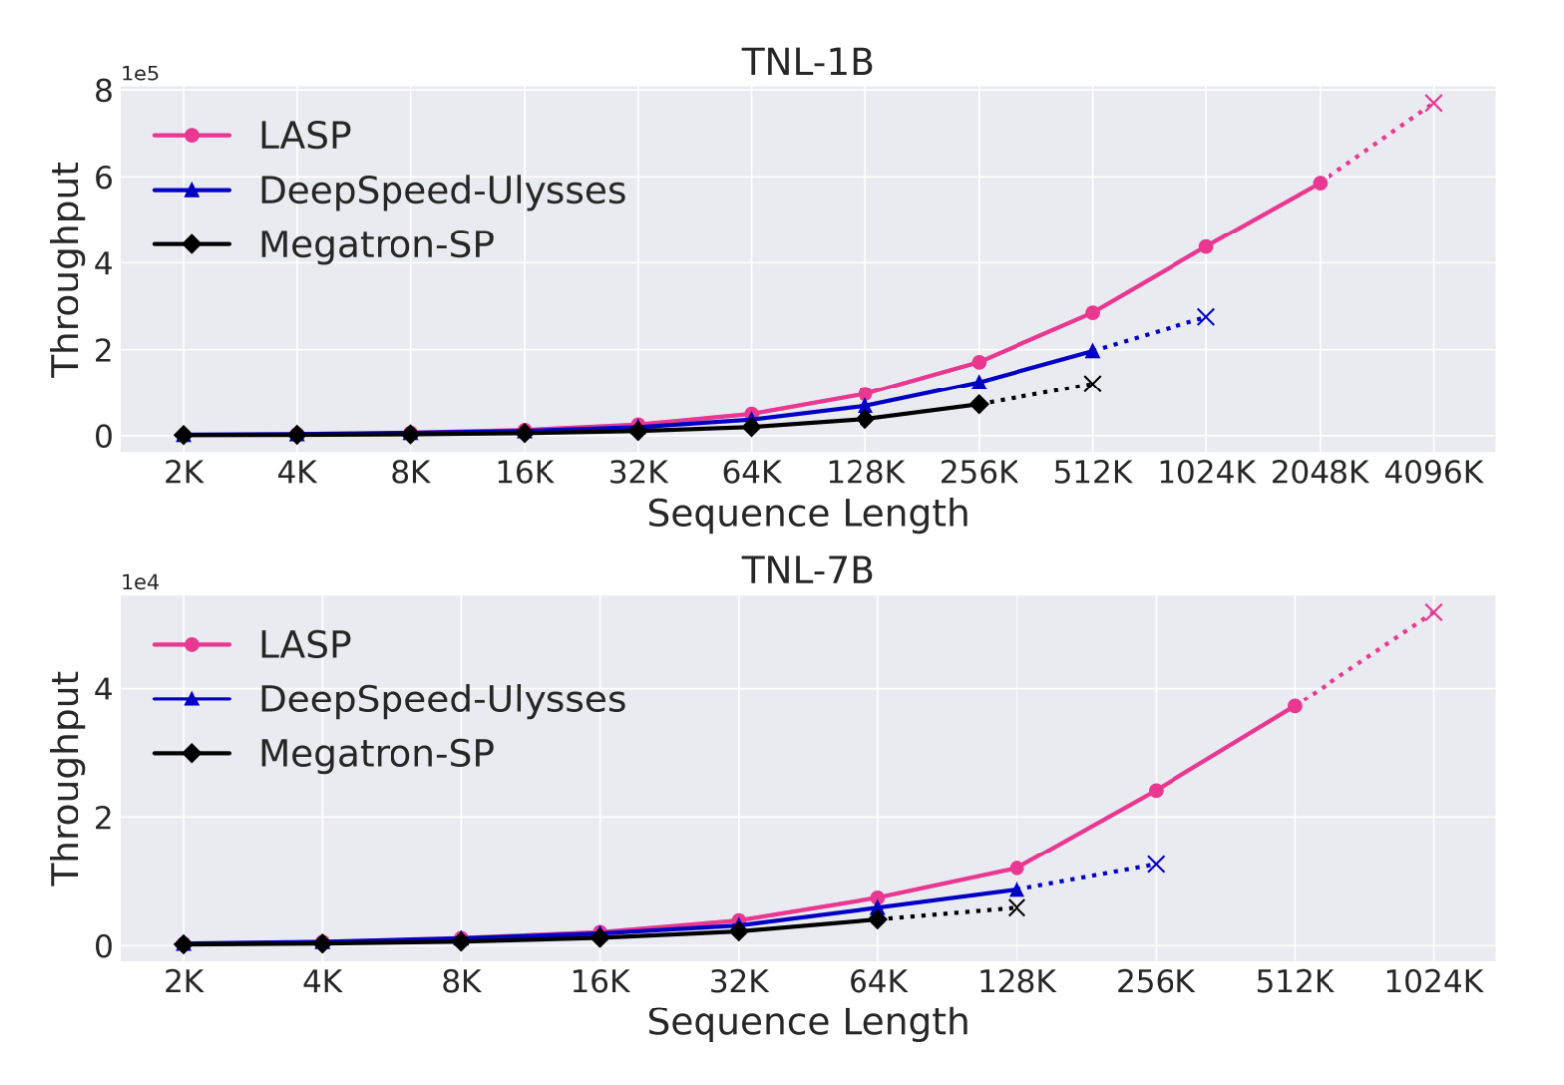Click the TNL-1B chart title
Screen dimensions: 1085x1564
tap(807, 62)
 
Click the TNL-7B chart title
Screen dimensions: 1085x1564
tap(807, 571)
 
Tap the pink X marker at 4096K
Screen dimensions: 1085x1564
tap(1432, 103)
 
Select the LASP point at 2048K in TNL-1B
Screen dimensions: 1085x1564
tap(1320, 183)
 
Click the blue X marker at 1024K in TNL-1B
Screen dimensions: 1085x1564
tap(1205, 317)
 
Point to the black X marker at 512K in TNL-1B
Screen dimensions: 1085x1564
tap(1092, 384)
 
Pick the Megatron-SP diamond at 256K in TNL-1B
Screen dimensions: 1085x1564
tap(979, 404)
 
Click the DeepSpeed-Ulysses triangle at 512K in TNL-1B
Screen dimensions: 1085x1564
tap(1092, 351)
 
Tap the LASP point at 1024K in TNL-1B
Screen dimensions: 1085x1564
tap(1205, 246)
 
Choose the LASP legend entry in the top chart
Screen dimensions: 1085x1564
tap(304, 136)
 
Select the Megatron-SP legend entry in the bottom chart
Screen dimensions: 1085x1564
tap(376, 754)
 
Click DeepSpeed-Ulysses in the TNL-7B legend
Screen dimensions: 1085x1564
tap(441, 699)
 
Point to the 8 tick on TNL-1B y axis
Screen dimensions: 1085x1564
tap(103, 91)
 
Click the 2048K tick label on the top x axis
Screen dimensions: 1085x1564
tap(1320, 473)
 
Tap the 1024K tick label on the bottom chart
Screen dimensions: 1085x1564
tap(1432, 983)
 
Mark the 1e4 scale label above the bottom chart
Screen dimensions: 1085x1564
tap(140, 583)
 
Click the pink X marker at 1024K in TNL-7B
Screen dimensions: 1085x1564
tap(1432, 612)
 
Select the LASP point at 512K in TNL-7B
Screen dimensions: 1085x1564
tap(1294, 706)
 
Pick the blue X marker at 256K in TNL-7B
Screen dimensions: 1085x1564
tap(1155, 864)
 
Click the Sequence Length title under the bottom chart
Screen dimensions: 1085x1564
tap(807, 1022)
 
